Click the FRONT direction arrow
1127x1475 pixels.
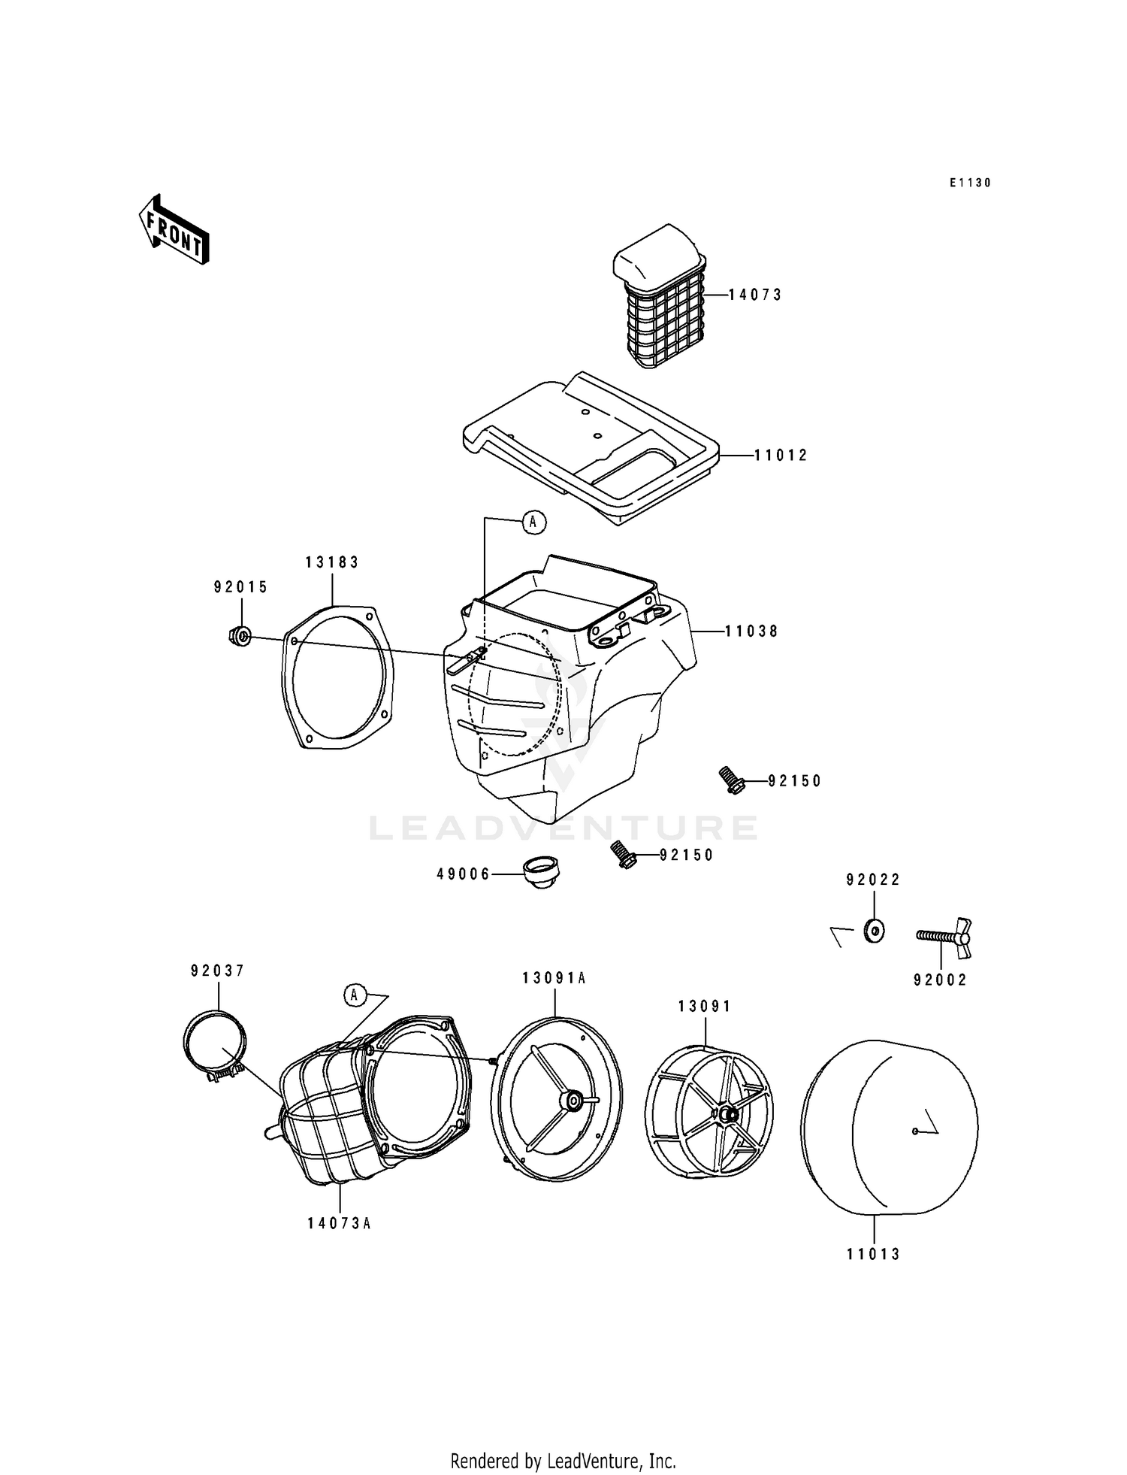(174, 230)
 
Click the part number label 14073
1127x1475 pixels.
(756, 295)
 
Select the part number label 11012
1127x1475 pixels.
(781, 456)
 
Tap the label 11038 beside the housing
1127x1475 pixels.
(751, 632)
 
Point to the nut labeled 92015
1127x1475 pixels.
(240, 636)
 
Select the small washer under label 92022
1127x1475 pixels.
(874, 931)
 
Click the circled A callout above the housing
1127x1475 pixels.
(533, 522)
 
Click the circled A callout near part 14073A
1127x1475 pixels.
(355, 996)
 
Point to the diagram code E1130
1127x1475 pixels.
(970, 183)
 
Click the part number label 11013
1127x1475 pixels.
(873, 1254)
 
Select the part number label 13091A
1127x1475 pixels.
(554, 978)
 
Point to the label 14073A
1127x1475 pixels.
(340, 1223)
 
